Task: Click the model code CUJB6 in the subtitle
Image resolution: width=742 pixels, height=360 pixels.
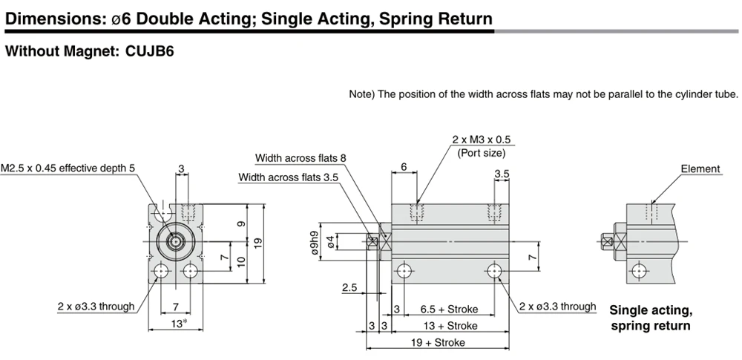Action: coord(150,51)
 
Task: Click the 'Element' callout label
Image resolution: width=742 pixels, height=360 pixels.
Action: coord(700,168)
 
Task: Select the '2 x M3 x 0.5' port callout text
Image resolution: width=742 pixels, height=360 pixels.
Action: coord(482,140)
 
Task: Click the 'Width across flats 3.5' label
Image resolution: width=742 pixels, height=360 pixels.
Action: coord(289,177)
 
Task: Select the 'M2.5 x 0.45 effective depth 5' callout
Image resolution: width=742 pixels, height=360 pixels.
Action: coord(68,168)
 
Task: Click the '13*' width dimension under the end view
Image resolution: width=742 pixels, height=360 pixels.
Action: coord(178,324)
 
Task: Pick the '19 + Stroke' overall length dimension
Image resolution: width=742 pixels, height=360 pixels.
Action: coord(437,342)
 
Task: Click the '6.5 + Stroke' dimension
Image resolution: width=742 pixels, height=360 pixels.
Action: coord(449,310)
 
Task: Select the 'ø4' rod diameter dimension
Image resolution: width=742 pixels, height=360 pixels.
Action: coord(331,241)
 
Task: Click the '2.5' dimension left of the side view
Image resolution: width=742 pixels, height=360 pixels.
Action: coord(349,287)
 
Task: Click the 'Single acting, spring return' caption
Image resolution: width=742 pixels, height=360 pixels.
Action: coord(651,318)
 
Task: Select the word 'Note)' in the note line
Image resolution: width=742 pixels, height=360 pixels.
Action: coord(361,94)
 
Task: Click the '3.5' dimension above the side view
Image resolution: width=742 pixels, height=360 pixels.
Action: coord(502,174)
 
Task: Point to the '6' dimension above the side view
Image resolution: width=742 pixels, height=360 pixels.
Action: coord(404,167)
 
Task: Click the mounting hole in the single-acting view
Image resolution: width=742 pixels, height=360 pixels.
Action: coord(639,271)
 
